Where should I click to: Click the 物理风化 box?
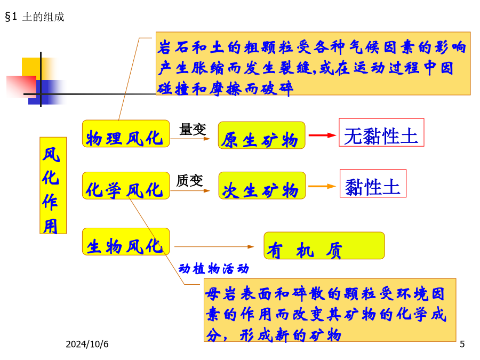click(x=126, y=133)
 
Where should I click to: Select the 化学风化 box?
click(x=126, y=186)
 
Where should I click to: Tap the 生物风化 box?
click(x=126, y=242)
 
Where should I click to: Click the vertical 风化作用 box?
click(x=53, y=186)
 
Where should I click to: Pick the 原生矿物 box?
click(x=262, y=135)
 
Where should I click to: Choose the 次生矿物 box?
click(x=262, y=186)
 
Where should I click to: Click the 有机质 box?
click(x=324, y=245)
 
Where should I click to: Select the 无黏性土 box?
click(x=381, y=133)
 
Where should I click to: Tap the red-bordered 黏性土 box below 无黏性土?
click(x=373, y=183)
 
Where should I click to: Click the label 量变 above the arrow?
click(x=193, y=129)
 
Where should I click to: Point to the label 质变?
click(x=189, y=181)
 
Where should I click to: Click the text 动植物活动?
click(x=214, y=269)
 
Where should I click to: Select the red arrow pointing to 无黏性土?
click(x=322, y=135)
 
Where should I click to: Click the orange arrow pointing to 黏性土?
click(x=322, y=186)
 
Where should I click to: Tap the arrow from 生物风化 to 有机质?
click(x=214, y=246)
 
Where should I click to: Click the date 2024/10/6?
click(x=87, y=344)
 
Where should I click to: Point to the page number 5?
click(x=462, y=344)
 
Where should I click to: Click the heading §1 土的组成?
click(x=35, y=17)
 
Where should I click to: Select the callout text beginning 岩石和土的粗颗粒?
click(x=311, y=68)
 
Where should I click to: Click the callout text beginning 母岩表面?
click(x=326, y=314)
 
